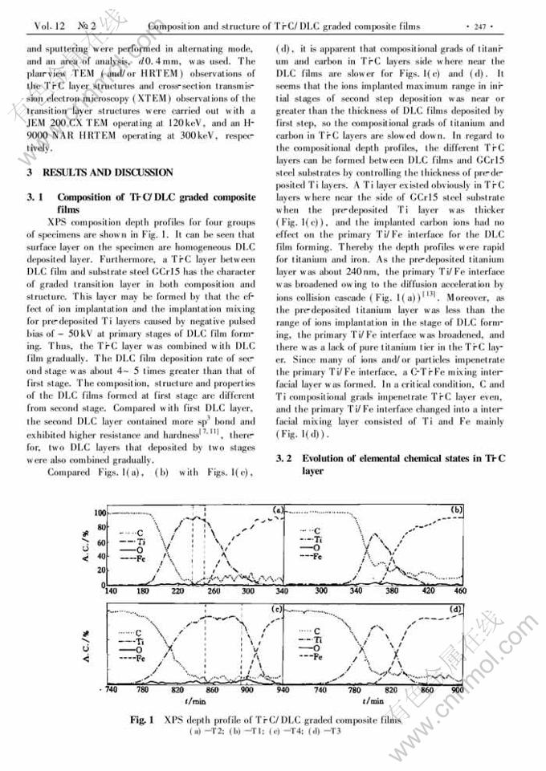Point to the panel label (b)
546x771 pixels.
click(x=455, y=509)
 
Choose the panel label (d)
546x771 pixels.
click(x=455, y=611)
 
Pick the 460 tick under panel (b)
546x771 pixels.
click(x=458, y=591)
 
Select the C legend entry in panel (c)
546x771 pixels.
click(x=137, y=632)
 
